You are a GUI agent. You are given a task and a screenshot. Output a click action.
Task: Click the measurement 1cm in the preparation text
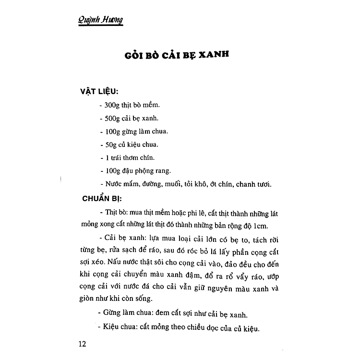click(264, 225)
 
